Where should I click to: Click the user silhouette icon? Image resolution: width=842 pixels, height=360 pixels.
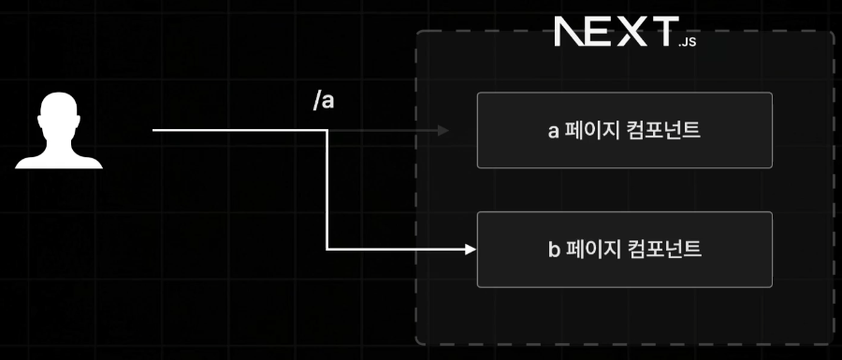59,130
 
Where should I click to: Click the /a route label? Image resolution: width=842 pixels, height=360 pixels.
324,101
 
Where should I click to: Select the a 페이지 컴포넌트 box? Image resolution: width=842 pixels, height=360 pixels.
625,130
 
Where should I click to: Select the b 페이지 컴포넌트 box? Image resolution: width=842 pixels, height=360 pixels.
625,250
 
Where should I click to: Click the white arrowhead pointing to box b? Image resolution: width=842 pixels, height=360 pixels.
471,250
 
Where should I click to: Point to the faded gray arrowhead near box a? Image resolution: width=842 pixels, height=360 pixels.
443,130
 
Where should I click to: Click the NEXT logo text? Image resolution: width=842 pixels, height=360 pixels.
617,31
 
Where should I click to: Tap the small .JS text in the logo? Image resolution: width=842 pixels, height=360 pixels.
687,42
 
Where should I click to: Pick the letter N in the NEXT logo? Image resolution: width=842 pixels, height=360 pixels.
569,31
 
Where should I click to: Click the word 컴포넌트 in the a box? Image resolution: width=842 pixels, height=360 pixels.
663,130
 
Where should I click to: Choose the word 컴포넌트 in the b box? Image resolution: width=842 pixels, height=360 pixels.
663,250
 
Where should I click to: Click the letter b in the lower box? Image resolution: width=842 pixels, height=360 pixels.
554,250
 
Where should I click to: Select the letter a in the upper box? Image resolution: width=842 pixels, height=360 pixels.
554,132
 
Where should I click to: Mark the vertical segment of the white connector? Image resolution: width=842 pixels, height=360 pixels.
327,190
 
